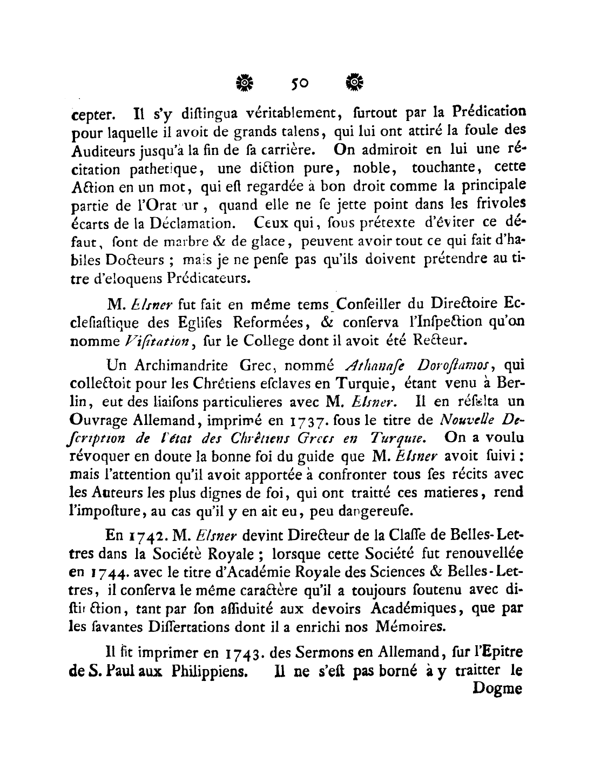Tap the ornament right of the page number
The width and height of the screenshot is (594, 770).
tap(355, 83)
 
